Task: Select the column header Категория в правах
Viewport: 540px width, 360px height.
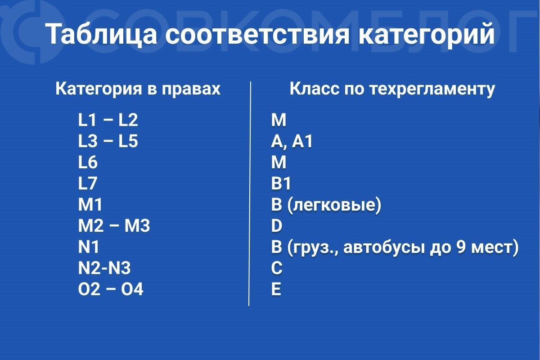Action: pyautogui.click(x=138, y=89)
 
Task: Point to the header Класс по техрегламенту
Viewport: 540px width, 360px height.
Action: pyautogui.click(x=392, y=89)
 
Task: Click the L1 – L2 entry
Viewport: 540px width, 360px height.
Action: pyautogui.click(x=108, y=120)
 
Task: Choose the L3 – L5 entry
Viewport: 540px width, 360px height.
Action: pyautogui.click(x=108, y=142)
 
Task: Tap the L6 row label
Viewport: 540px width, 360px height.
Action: pyautogui.click(x=88, y=162)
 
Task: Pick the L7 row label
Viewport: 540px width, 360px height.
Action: pyautogui.click(x=88, y=184)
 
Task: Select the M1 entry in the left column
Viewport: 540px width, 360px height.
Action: pyautogui.click(x=90, y=205)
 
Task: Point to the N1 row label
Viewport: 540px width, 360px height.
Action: pyautogui.click(x=89, y=247)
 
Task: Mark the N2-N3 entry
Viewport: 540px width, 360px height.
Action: pyautogui.click(x=104, y=269)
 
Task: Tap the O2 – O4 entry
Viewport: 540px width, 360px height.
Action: pyautogui.click(x=111, y=290)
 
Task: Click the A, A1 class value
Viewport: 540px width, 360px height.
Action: pyautogui.click(x=292, y=142)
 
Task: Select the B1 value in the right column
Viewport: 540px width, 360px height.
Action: pyautogui.click(x=281, y=184)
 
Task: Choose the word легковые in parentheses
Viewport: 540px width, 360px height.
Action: pyautogui.click(x=333, y=206)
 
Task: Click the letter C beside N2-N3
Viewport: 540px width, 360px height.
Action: pyautogui.click(x=277, y=269)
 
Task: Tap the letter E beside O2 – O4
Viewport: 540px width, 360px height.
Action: pyautogui.click(x=276, y=290)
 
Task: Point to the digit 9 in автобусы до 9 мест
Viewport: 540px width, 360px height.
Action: pyautogui.click(x=466, y=247)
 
